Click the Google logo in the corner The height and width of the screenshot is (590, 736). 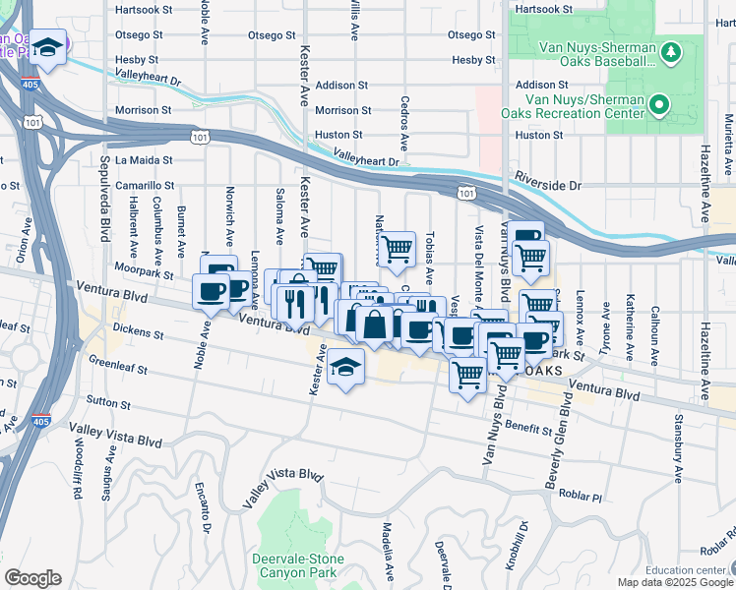[x=33, y=578]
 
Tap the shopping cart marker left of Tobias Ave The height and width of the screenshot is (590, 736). [x=397, y=249]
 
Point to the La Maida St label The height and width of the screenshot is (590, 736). [x=144, y=159]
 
